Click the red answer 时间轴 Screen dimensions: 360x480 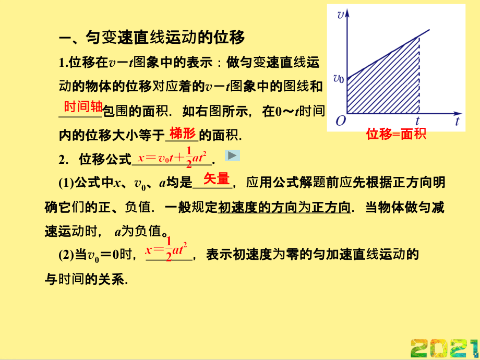coord(83,106)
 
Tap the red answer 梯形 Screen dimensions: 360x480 coord(183,133)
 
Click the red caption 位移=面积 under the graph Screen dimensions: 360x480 coord(396,134)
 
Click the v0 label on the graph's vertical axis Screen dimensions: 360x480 coord(339,79)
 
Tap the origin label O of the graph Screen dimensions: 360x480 coord(341,121)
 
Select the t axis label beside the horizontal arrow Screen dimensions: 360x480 coord(457,122)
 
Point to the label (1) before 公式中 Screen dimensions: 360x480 coord(66,183)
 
